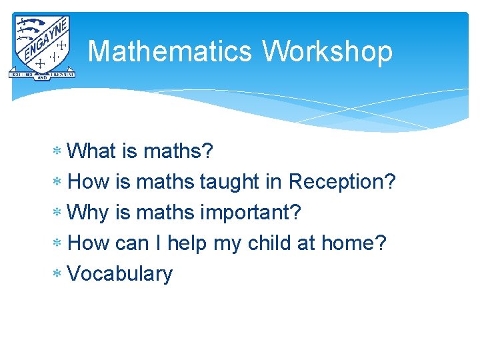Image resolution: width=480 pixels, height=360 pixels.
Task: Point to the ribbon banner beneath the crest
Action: coord(42,75)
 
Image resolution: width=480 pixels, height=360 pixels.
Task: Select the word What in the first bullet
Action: coord(92,151)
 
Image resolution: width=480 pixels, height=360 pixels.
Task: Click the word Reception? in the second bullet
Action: coord(342,182)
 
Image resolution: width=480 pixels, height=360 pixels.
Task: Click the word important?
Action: coord(251,213)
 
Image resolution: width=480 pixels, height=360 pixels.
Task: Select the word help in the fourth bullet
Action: coord(187,243)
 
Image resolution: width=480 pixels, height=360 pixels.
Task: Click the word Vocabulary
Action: coord(120,274)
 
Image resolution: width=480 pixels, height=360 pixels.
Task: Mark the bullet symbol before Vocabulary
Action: coord(59,274)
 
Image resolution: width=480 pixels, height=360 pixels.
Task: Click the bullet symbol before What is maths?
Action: coord(59,151)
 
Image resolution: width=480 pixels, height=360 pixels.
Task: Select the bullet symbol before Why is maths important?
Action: coord(59,213)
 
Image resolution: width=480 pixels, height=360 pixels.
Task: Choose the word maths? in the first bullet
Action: coord(178,151)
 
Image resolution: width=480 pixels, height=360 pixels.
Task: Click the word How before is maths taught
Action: coord(89,182)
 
